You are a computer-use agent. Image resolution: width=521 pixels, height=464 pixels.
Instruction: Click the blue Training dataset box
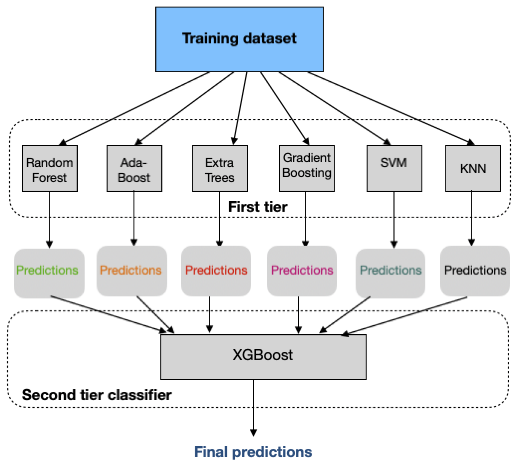coord(239,39)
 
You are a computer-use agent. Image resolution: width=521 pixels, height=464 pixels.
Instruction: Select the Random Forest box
coord(50,169)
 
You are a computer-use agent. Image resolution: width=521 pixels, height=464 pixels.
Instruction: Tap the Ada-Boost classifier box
coord(134,169)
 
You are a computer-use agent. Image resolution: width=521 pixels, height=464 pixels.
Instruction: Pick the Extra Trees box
coord(220,169)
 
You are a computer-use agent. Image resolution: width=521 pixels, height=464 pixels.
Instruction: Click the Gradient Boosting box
coord(307,169)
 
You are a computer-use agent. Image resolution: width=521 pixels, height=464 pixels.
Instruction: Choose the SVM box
coord(394,169)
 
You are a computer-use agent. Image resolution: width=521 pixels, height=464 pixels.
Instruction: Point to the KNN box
coord(473,169)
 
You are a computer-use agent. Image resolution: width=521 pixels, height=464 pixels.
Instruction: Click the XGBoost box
coord(263,357)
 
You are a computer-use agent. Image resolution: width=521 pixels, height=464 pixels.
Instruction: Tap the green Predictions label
coord(47,270)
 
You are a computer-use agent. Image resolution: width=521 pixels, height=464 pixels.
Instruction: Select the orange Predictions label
coord(131,270)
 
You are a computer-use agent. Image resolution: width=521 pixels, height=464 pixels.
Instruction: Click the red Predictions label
coord(216,270)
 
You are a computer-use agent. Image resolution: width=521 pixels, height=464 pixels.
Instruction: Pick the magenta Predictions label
coord(302,270)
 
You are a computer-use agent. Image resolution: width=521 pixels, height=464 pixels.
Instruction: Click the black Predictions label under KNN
coord(475,270)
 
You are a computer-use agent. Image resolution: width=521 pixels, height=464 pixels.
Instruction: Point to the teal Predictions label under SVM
coord(390,270)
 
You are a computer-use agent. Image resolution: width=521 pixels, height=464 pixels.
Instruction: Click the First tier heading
coord(258,207)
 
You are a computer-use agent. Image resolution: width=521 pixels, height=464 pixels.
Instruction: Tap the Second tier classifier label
coord(97,395)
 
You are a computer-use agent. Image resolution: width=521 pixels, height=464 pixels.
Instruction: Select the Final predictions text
coord(253,452)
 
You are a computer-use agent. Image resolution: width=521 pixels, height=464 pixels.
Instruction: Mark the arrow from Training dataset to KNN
coord(388,107)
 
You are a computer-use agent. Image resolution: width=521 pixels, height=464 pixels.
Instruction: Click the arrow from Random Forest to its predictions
coord(49,218)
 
